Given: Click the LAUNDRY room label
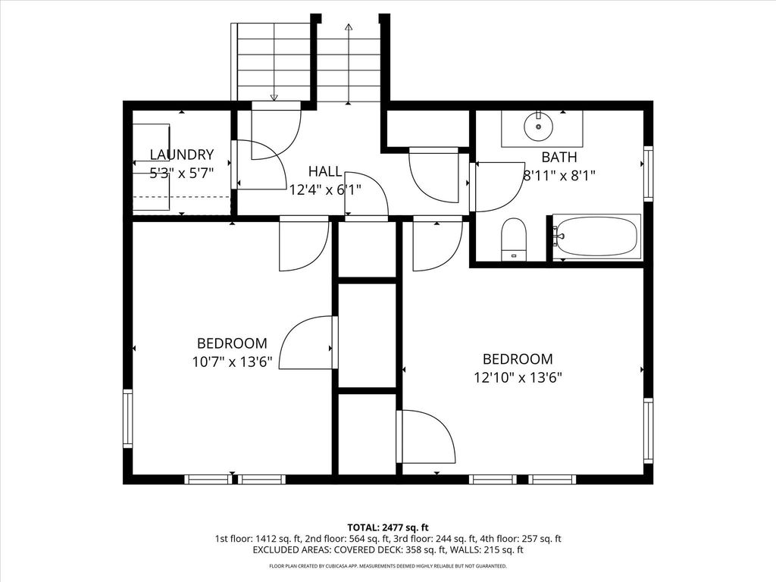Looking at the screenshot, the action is coord(182,155).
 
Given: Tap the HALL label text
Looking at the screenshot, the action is coord(324,172).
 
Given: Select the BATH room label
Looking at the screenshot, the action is coord(559,158).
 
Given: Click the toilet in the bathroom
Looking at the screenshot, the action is coord(513,239).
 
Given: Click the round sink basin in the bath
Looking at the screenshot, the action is coord(539,127).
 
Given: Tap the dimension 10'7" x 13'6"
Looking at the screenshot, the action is coord(232,362).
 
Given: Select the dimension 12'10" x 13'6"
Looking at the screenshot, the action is coord(518,378).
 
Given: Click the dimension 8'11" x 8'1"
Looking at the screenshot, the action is coord(559,176).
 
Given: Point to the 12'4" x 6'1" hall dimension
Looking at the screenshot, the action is coord(325,189).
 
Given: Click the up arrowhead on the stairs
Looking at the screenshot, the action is coord(349,27).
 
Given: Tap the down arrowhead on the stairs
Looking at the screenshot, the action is coord(274,98).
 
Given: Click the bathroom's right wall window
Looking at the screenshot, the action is coord(649,174).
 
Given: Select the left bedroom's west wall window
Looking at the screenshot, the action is coord(127,418).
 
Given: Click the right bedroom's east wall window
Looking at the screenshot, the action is coord(649,430).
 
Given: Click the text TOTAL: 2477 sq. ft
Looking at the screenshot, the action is coord(387,527).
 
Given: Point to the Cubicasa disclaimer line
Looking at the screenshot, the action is coord(387,566).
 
